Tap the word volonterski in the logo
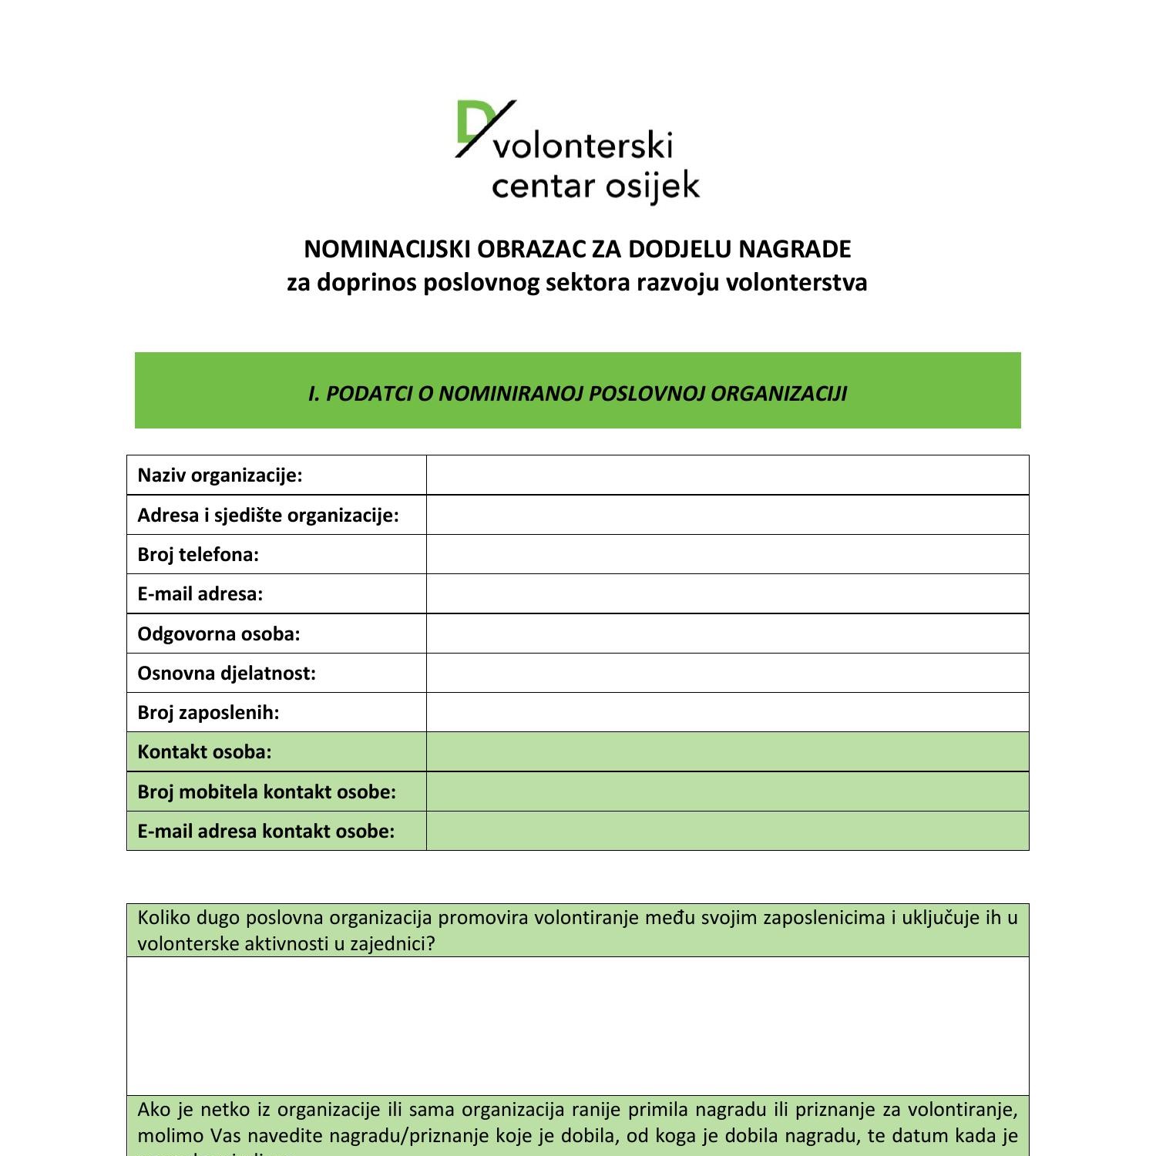click(x=583, y=146)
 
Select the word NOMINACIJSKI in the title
click(x=388, y=250)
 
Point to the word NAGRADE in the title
click(x=795, y=250)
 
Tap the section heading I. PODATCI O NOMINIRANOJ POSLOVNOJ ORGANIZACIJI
click(x=577, y=394)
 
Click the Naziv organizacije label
click(x=220, y=476)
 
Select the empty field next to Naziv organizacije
click(x=727, y=476)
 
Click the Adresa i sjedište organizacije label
click(x=268, y=515)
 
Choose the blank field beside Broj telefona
click(x=727, y=555)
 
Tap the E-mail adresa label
click(x=200, y=594)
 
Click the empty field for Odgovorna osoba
click(x=727, y=633)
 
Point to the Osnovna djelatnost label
click(x=227, y=674)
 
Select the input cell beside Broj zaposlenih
click(x=727, y=713)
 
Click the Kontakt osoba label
click(x=204, y=752)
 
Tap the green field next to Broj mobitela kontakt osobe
click(x=727, y=791)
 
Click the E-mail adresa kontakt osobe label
click(x=266, y=832)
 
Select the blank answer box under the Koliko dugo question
click(x=577, y=1026)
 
